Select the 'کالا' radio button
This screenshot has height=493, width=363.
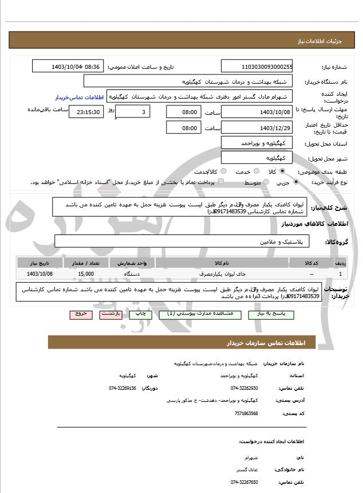pyautogui.click(x=282, y=171)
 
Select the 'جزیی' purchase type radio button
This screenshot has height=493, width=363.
pyautogui.click(x=295, y=182)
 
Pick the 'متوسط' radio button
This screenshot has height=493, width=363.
pyautogui.click(x=265, y=182)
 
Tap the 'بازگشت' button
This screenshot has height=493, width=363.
pyautogui.click(x=110, y=315)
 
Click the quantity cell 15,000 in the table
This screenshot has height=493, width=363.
pyautogui.click(x=86, y=275)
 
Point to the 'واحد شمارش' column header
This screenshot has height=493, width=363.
pyautogui.click(x=132, y=263)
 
